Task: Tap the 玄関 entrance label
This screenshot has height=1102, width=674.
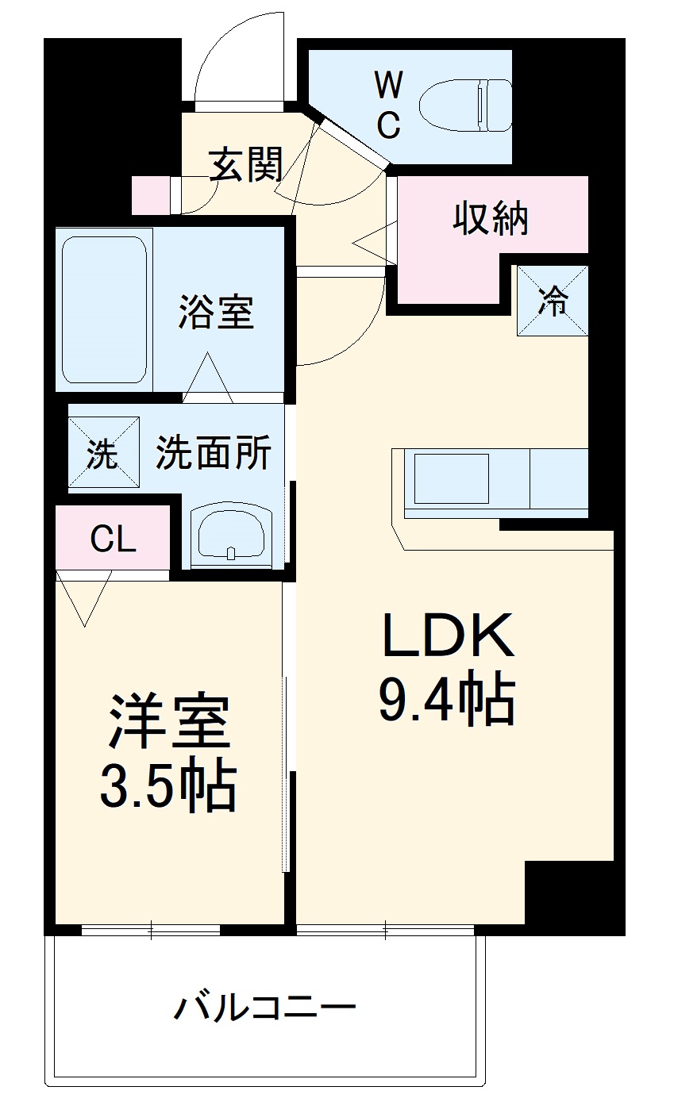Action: pos(246,166)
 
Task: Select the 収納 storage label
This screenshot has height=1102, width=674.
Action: pos(491,218)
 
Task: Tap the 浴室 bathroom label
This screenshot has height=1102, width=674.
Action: pos(216,312)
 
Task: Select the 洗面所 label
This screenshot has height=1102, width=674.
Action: pos(213,454)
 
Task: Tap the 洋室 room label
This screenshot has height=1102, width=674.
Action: pos(169,722)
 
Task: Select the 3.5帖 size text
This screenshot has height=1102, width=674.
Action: pos(168,785)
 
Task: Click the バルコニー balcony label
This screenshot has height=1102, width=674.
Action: pos(264,1008)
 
